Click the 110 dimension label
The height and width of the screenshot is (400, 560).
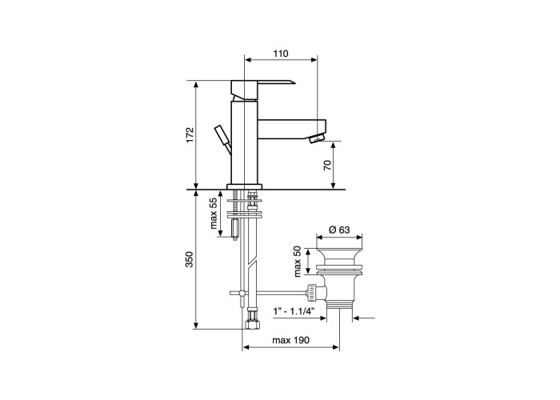[x=281, y=54]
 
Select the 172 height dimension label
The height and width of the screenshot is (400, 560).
[x=190, y=135]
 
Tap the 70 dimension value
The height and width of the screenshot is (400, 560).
[x=327, y=165]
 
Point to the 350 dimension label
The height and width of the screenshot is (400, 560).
[x=190, y=260]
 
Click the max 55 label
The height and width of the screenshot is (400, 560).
[x=214, y=214]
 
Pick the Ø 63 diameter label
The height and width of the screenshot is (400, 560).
[x=339, y=230]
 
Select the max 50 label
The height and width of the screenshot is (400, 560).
[x=298, y=262]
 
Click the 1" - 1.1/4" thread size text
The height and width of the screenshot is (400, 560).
[x=294, y=311]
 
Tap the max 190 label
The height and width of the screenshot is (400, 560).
[x=290, y=340]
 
